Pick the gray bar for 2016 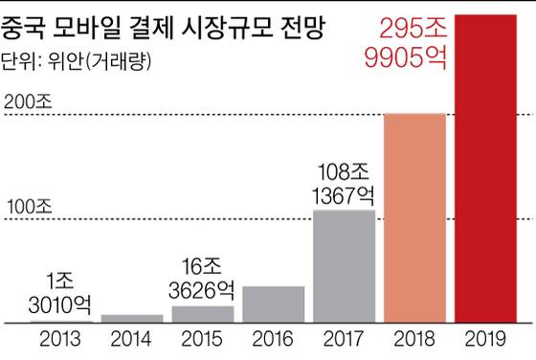pyautogui.click(x=273, y=304)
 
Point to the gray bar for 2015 pyautogui.click(x=202, y=314)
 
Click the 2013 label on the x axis pyautogui.click(x=60, y=339)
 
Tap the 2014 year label pyautogui.click(x=131, y=339)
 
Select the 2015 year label pyautogui.click(x=202, y=339)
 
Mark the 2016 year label pyautogui.click(x=273, y=339)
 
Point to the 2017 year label pyautogui.click(x=344, y=339)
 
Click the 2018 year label pyautogui.click(x=414, y=339)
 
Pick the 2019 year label pyautogui.click(x=486, y=339)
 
